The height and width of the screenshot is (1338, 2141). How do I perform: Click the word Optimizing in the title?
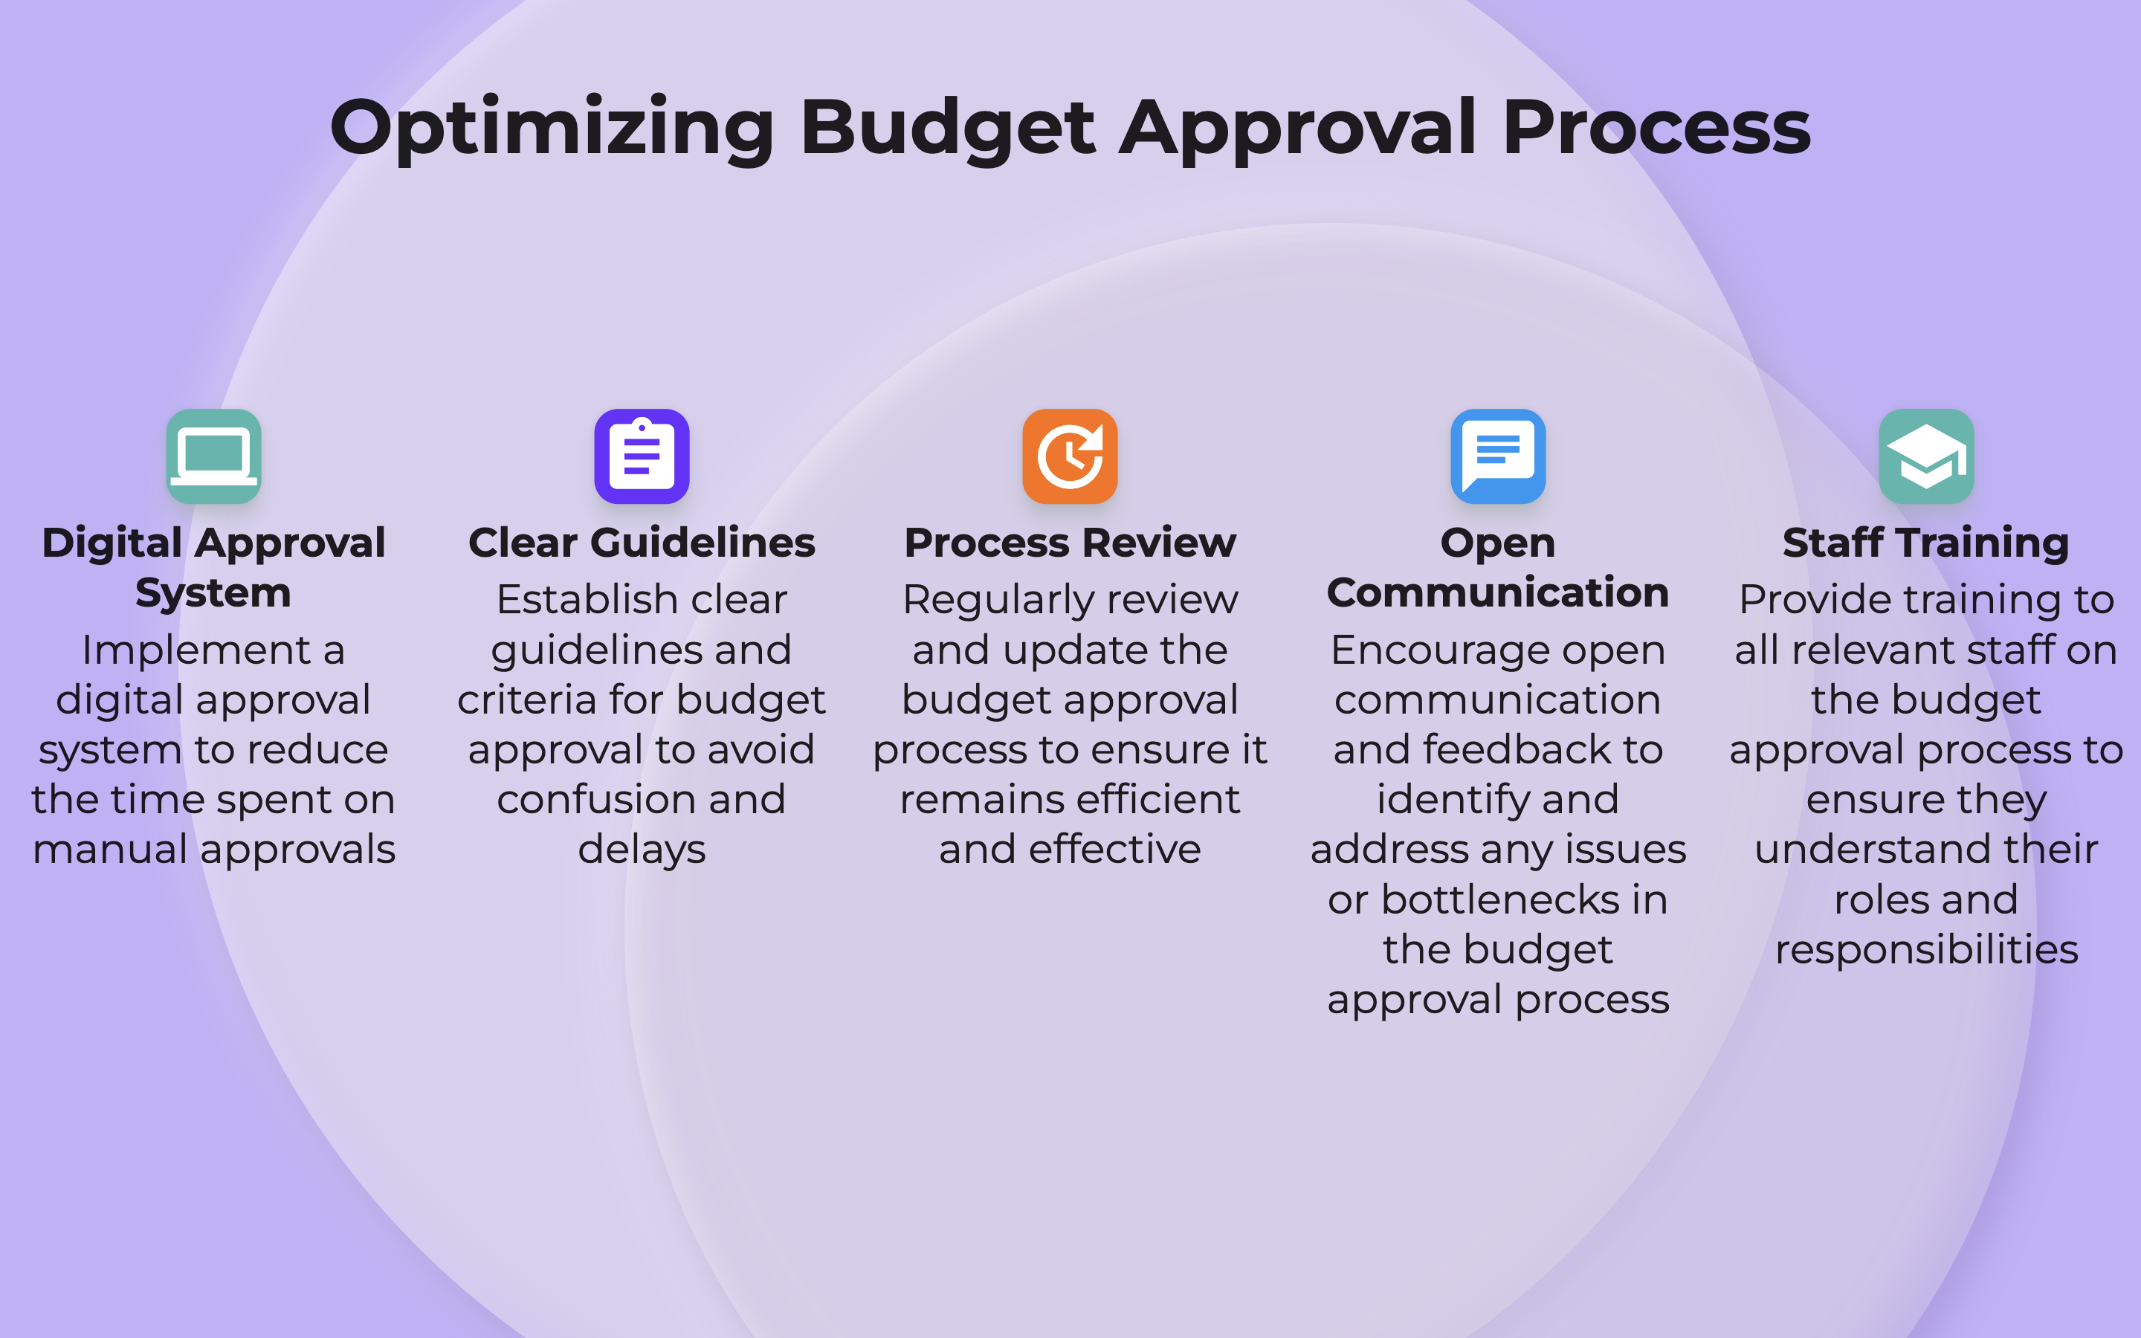[552, 129]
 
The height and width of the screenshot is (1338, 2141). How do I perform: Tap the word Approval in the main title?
[1298, 129]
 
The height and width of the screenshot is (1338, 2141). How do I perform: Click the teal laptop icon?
[214, 456]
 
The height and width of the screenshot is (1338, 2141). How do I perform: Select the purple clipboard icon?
[642, 456]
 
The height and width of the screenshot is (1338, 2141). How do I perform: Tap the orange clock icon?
[1070, 456]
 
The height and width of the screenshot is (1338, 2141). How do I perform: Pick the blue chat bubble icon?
[1499, 456]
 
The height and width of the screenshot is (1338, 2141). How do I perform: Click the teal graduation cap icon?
[1927, 456]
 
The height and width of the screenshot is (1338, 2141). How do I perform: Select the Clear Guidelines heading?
[642, 543]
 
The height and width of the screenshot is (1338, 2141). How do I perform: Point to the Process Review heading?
[1070, 543]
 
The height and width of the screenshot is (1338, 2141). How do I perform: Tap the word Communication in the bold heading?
[1498, 592]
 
